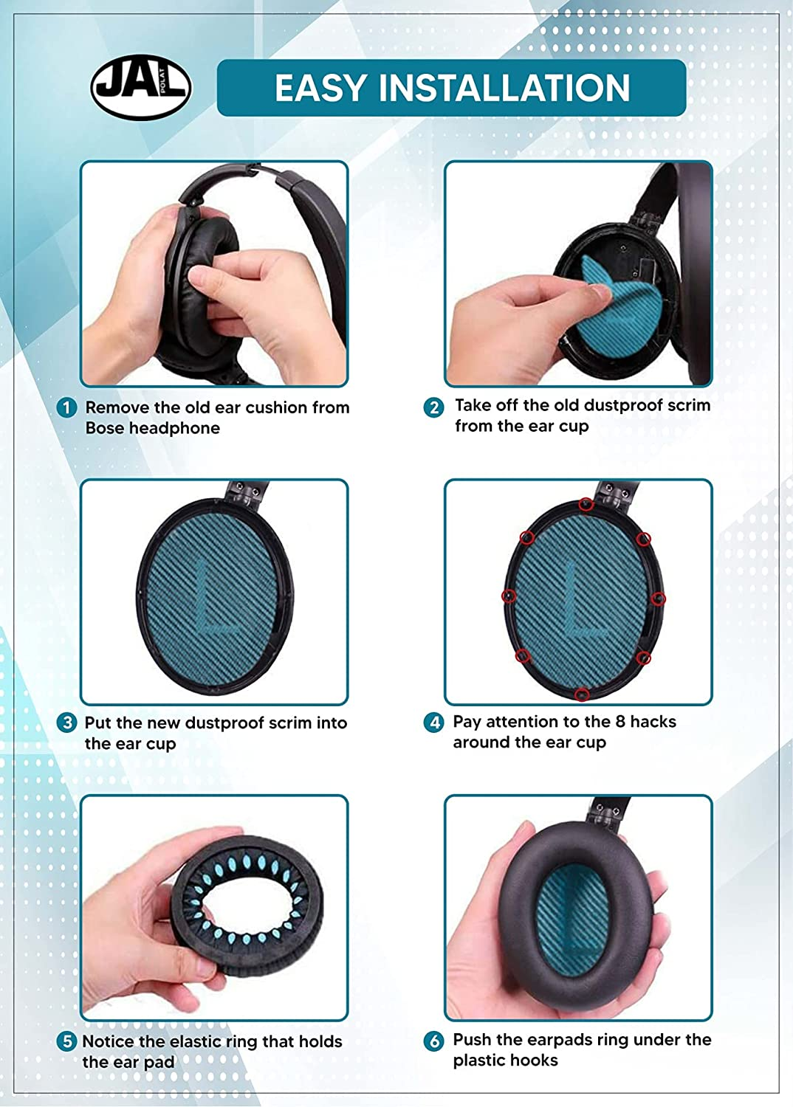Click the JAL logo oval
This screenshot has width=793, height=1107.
pyautogui.click(x=141, y=88)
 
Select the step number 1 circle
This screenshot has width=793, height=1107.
pyautogui.click(x=66, y=408)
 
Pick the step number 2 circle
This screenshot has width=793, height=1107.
pyautogui.click(x=433, y=407)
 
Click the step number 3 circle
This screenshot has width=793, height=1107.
pyautogui.click(x=66, y=723)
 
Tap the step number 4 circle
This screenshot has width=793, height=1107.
pyautogui.click(x=433, y=723)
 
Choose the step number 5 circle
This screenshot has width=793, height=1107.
pyautogui.click(x=66, y=1042)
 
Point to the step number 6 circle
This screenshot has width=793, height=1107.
pyautogui.click(x=433, y=1041)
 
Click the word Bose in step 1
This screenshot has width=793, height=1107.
pyautogui.click(x=105, y=428)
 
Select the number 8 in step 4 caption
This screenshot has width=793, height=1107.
pyautogui.click(x=620, y=722)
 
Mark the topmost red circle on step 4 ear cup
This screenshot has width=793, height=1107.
pyautogui.click(x=586, y=505)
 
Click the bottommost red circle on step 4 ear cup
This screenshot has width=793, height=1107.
pyautogui.click(x=583, y=694)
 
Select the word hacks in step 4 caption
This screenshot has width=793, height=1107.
pyautogui.click(x=653, y=722)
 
